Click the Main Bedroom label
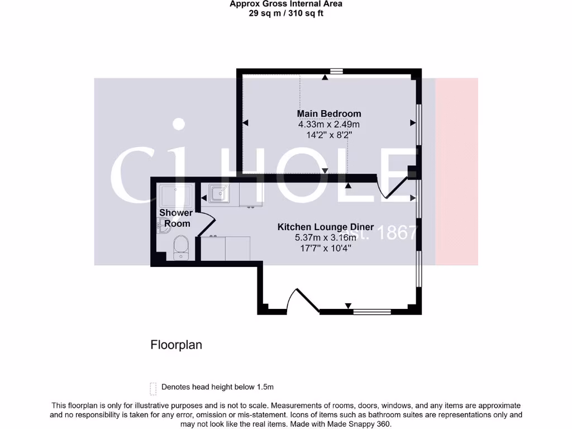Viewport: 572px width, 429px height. pos(328,114)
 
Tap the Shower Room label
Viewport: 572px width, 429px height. pos(175,218)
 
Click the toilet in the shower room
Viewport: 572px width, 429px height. pos(180,247)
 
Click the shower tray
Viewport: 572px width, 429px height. pos(176,196)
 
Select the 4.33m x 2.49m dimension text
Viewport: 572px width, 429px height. pos(328,125)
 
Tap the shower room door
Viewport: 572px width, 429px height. pos(206,225)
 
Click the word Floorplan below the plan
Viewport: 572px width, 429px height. pos(176,345)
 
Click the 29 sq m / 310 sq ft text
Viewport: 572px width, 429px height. pos(285,13)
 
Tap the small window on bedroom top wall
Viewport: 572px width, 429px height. pos(336,71)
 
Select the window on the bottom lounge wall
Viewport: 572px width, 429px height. pos(372,311)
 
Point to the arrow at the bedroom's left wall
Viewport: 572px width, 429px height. pos(245,122)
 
